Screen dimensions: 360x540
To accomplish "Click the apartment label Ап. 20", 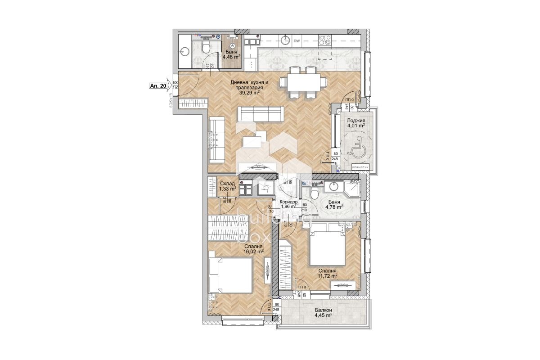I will (x=158, y=85).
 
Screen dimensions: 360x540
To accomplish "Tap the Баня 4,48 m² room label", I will (x=231, y=54).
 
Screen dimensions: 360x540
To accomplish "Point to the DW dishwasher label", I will (x=297, y=41).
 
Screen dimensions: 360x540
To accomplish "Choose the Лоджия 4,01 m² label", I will (x=355, y=123).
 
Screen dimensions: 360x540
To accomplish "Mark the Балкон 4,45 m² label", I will (x=323, y=313).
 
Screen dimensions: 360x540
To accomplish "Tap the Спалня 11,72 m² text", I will (x=328, y=274).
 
